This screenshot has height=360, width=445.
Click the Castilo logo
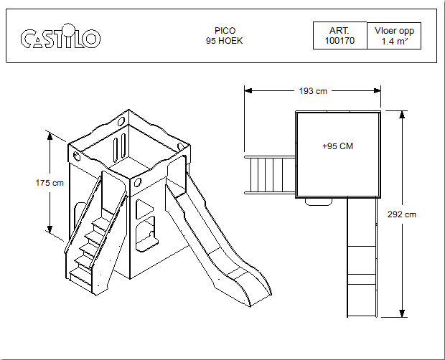pyautogui.click(x=60, y=37)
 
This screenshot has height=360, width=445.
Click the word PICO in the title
pyautogui.click(x=225, y=31)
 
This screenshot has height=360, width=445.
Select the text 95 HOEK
pyautogui.click(x=224, y=41)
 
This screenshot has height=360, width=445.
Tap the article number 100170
pyautogui.click(x=339, y=41)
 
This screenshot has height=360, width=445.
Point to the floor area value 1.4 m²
pyautogui.click(x=394, y=42)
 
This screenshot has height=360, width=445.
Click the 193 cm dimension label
pyautogui.click(x=313, y=91)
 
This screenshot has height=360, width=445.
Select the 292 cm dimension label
pyautogui.click(x=402, y=214)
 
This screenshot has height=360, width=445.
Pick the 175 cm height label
pyautogui.click(x=50, y=183)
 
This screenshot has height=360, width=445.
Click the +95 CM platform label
pyautogui.click(x=338, y=146)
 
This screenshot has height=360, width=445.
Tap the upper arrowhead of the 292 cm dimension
pyautogui.click(x=402, y=114)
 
